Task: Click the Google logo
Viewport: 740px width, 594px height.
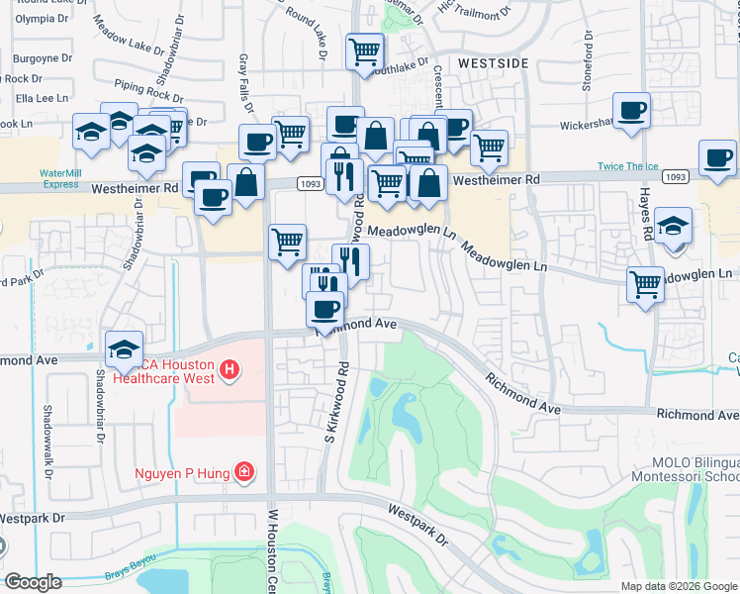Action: coord(33,582)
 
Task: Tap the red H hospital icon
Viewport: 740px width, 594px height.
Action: coord(230,371)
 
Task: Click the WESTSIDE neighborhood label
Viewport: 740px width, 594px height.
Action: coord(494,62)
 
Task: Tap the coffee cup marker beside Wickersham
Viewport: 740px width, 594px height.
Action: coord(631,110)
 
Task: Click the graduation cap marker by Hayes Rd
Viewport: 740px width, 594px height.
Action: coord(673,226)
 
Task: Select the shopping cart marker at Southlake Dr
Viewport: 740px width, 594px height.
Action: coord(364,50)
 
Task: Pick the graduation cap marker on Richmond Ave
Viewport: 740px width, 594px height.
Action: coord(124,348)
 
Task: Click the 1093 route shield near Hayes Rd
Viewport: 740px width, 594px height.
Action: coord(675,176)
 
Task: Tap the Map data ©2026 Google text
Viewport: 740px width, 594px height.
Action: coord(679,586)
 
